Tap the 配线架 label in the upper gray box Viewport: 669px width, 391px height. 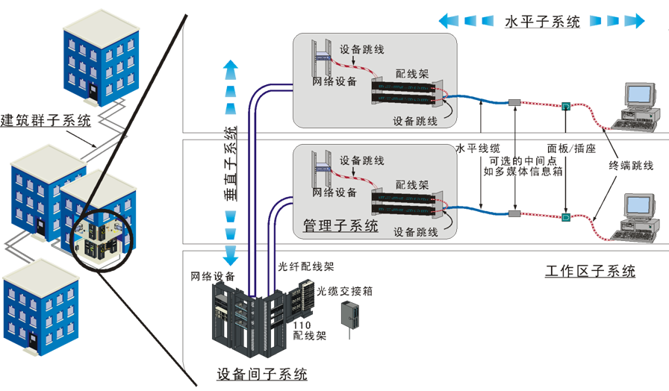411,76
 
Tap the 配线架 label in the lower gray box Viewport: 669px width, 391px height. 411,184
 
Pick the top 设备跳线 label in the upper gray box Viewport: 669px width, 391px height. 362,49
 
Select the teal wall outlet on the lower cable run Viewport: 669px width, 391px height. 565,217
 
